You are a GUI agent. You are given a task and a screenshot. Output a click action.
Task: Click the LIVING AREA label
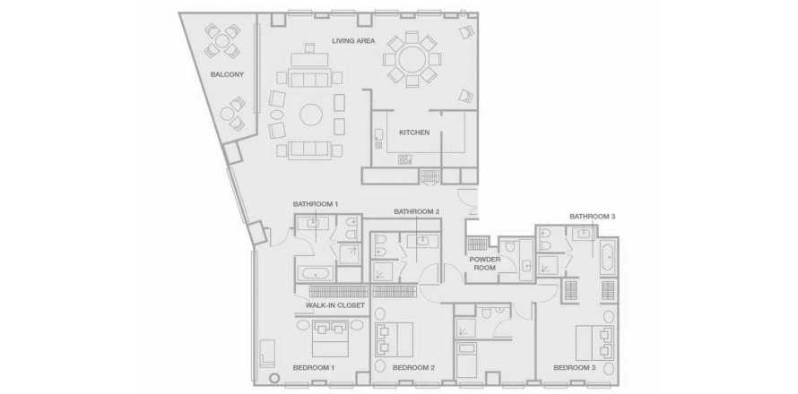pos(352,40)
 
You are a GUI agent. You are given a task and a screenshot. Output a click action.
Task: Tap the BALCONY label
pos(225,74)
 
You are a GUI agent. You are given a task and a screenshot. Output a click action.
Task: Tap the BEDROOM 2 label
pos(413,367)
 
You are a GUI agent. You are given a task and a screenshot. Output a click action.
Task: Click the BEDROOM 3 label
pos(575,367)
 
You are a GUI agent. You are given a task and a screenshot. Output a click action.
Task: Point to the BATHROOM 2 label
pos(416,211)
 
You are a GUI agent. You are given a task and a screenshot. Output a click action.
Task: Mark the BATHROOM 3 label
pos(591,216)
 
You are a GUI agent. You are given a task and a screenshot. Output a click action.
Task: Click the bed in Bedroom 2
pos(395,339)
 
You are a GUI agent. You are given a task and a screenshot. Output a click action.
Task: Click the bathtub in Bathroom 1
pos(316,272)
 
